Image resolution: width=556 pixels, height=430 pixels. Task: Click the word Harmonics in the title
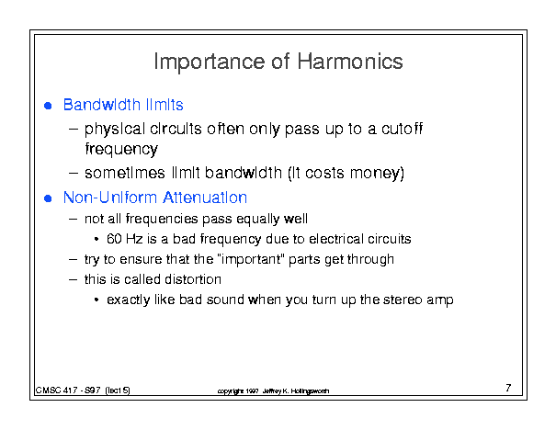tap(350, 62)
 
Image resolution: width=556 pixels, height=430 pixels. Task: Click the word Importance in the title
tap(210, 62)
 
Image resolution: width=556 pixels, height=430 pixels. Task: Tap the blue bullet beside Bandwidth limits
tap(48, 106)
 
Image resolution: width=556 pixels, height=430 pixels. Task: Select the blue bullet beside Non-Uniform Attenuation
tap(48, 198)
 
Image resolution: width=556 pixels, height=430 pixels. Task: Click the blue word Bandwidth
tap(102, 105)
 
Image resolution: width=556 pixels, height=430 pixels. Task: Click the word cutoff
tap(403, 129)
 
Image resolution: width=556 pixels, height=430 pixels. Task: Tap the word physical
tap(115, 130)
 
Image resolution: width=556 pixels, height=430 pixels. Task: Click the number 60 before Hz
tap(114, 239)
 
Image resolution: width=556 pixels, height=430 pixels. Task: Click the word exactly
tap(129, 300)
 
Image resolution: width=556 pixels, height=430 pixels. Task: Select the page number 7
tap(508, 388)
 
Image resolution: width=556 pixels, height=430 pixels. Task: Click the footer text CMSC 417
tap(56, 390)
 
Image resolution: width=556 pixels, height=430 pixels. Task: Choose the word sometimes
tap(125, 173)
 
